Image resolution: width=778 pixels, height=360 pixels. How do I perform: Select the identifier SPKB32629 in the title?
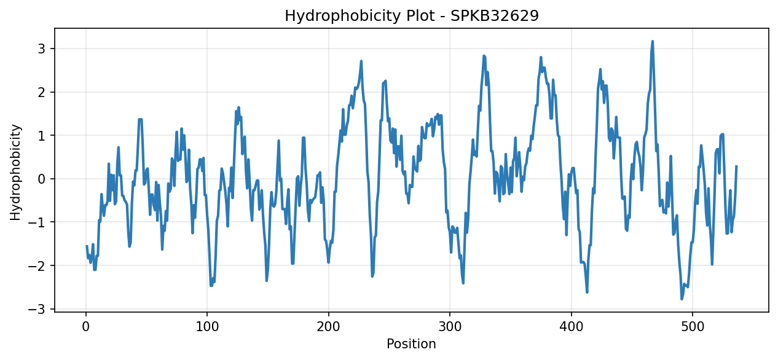click(x=495, y=15)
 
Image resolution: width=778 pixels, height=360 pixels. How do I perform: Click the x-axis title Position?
click(x=411, y=343)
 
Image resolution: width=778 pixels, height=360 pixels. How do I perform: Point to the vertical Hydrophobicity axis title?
click(x=15, y=172)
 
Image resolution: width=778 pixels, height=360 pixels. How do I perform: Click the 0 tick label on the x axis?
click(x=86, y=327)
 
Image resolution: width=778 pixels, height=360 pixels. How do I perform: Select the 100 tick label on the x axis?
click(x=207, y=327)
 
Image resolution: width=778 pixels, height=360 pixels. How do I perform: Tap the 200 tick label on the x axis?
click(x=328, y=327)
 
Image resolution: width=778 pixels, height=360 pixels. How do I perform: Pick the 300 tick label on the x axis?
click(x=450, y=327)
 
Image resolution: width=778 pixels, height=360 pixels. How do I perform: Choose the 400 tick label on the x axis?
click(x=571, y=327)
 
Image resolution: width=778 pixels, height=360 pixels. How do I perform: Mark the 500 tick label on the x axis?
click(x=692, y=327)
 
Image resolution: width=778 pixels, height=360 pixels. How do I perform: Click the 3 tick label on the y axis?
click(x=41, y=49)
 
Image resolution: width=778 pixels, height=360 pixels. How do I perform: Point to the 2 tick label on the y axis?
click(x=41, y=92)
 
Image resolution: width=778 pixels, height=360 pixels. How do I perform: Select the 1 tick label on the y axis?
click(x=41, y=135)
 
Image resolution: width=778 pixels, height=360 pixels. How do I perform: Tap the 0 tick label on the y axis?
click(x=41, y=179)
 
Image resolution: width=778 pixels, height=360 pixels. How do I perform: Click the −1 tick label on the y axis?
click(x=36, y=222)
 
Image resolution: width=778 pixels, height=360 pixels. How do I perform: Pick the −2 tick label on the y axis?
click(x=36, y=265)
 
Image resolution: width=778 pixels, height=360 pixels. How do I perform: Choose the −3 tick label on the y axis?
click(x=36, y=309)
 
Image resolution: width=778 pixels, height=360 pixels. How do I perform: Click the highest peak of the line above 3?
click(x=653, y=41)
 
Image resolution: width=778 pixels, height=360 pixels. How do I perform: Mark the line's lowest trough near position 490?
click(x=682, y=299)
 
